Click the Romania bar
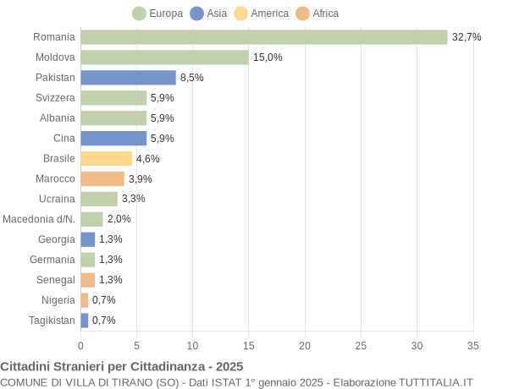[263, 37]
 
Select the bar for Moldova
[164, 58]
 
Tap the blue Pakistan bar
[128, 78]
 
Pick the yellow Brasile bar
[106, 158]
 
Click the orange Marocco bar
[102, 178]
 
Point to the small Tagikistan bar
[85, 321]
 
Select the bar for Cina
[113, 138]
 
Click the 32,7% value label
[466, 37]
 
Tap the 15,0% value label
[268, 58]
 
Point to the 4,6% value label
[147, 158]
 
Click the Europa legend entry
[158, 14]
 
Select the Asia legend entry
[209, 14]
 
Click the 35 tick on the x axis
[472, 345]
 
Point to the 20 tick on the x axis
[305, 345]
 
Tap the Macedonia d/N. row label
[39, 219]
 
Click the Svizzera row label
[55, 98]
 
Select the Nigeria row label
[58, 300]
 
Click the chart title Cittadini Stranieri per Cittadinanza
[122, 366]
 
